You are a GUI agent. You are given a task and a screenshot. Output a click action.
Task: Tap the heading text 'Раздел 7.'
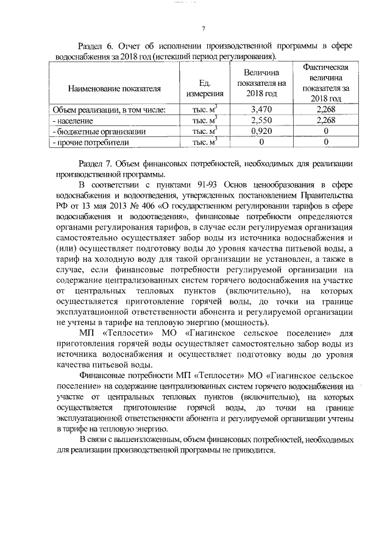[x=96, y=165]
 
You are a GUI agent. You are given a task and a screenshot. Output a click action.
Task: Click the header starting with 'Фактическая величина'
[x=325, y=82]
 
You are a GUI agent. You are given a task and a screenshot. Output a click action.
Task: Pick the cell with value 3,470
[x=261, y=110]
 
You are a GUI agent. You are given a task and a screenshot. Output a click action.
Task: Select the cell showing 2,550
[x=261, y=121]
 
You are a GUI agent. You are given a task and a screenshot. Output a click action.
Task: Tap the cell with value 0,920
[x=261, y=131]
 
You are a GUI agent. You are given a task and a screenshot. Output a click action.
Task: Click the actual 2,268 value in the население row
[x=326, y=121]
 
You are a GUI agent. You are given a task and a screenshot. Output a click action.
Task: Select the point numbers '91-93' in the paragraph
[x=199, y=185]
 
